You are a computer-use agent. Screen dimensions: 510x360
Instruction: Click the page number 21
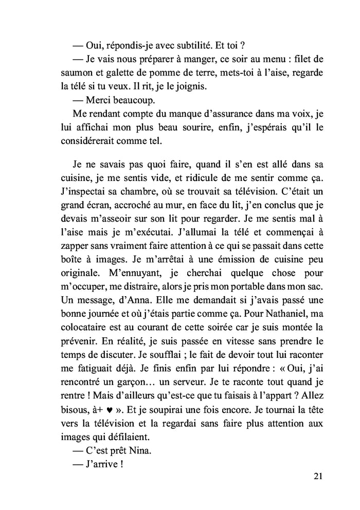(317, 476)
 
